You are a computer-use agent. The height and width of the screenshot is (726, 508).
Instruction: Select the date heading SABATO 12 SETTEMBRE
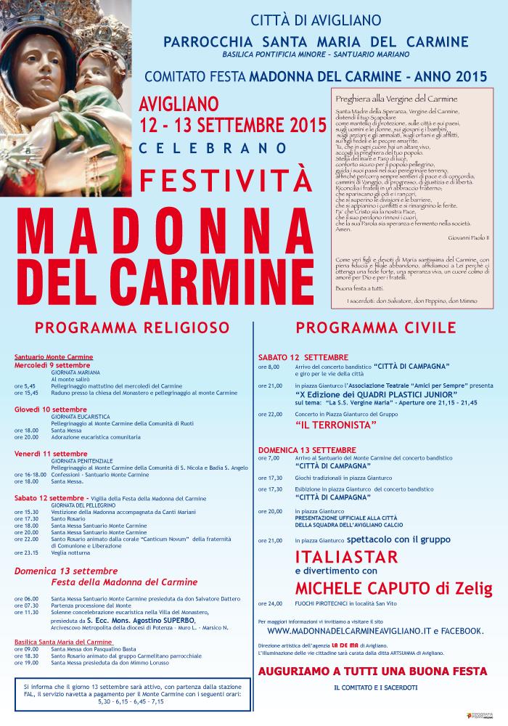click(303, 358)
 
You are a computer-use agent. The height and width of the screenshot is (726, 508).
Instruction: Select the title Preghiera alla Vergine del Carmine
click(396, 98)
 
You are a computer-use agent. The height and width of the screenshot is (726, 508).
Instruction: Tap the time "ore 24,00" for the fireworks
click(270, 603)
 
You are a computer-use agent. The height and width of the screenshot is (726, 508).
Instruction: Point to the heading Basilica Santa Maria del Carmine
click(63, 642)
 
